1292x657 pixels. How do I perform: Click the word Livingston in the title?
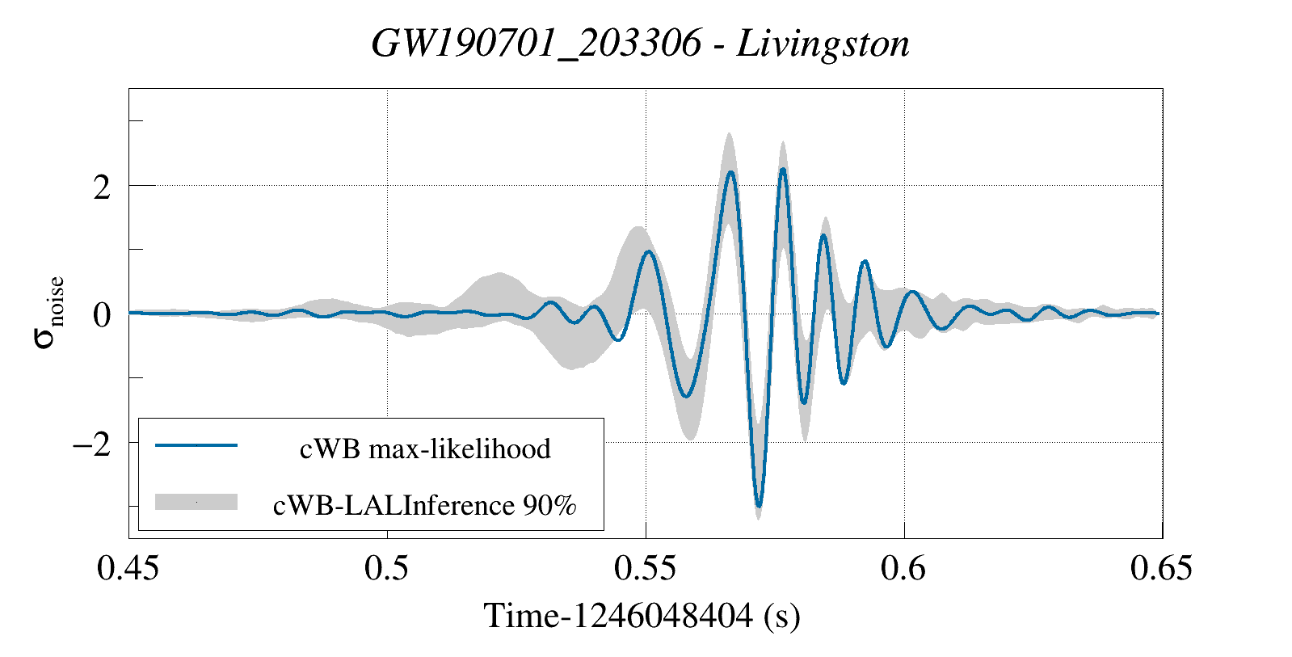[823, 44]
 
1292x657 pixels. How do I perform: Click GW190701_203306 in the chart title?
[537, 44]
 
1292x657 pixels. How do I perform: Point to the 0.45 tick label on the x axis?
[128, 569]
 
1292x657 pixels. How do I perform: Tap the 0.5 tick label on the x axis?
[387, 569]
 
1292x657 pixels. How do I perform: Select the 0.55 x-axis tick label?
[645, 569]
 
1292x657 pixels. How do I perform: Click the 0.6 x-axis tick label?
[903, 569]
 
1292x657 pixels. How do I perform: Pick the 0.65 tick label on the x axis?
[1161, 569]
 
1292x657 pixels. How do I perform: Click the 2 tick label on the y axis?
[101, 187]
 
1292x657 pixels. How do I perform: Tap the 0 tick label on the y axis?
[101, 315]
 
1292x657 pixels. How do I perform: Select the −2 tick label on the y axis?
[90, 444]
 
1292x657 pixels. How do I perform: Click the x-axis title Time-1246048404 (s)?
[642, 617]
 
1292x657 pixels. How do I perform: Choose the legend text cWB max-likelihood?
[425, 449]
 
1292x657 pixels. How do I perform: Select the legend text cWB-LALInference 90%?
[425, 505]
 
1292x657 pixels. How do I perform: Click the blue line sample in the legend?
[196, 445]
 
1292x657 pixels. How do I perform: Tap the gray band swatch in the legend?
[196, 502]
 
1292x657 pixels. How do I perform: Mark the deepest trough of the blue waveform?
[758, 506]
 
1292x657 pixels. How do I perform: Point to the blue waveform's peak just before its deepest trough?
[730, 172]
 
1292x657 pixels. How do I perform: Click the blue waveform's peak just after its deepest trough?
[782, 170]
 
